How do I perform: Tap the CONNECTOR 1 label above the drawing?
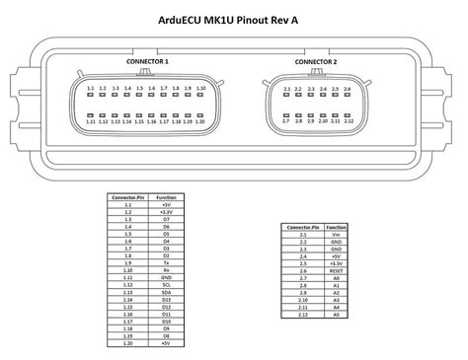pyautogui.click(x=148, y=61)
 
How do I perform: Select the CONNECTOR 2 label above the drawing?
pyautogui.click(x=316, y=62)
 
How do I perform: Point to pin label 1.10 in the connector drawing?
pyautogui.click(x=199, y=89)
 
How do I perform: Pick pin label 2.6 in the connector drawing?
pyautogui.click(x=348, y=90)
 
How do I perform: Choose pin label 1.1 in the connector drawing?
pyautogui.click(x=90, y=89)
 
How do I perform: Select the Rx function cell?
pyautogui.click(x=167, y=269)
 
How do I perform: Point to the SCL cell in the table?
pyautogui.click(x=167, y=285)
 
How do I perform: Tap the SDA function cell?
pyautogui.click(x=167, y=293)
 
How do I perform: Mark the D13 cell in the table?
pyautogui.click(x=167, y=301)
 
